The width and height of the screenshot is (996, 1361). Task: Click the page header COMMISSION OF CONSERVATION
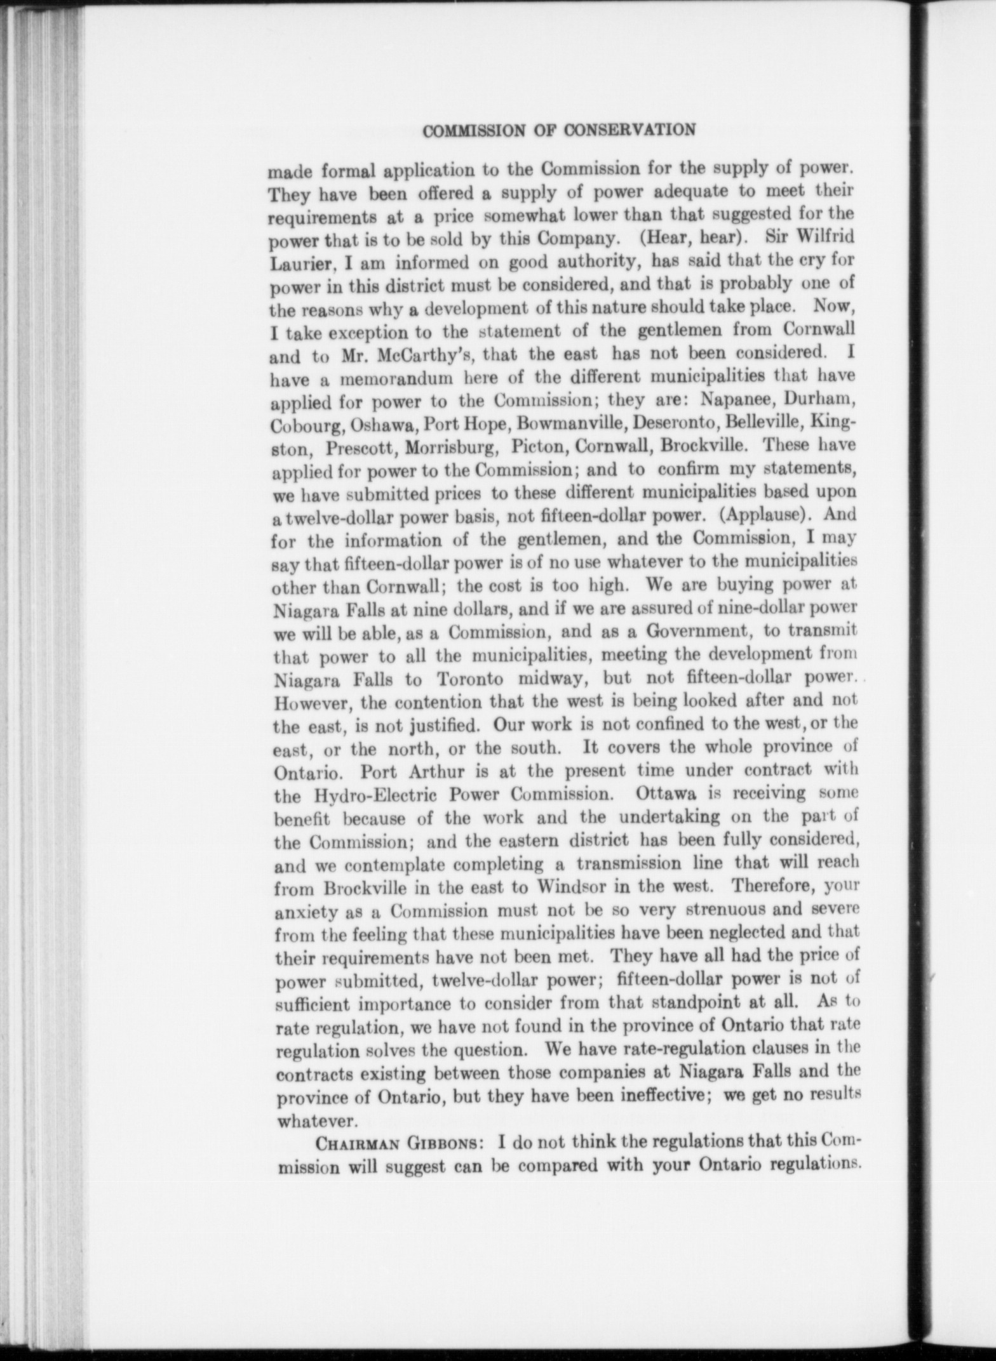[x=560, y=130]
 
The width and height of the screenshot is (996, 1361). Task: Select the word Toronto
[x=471, y=679]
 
